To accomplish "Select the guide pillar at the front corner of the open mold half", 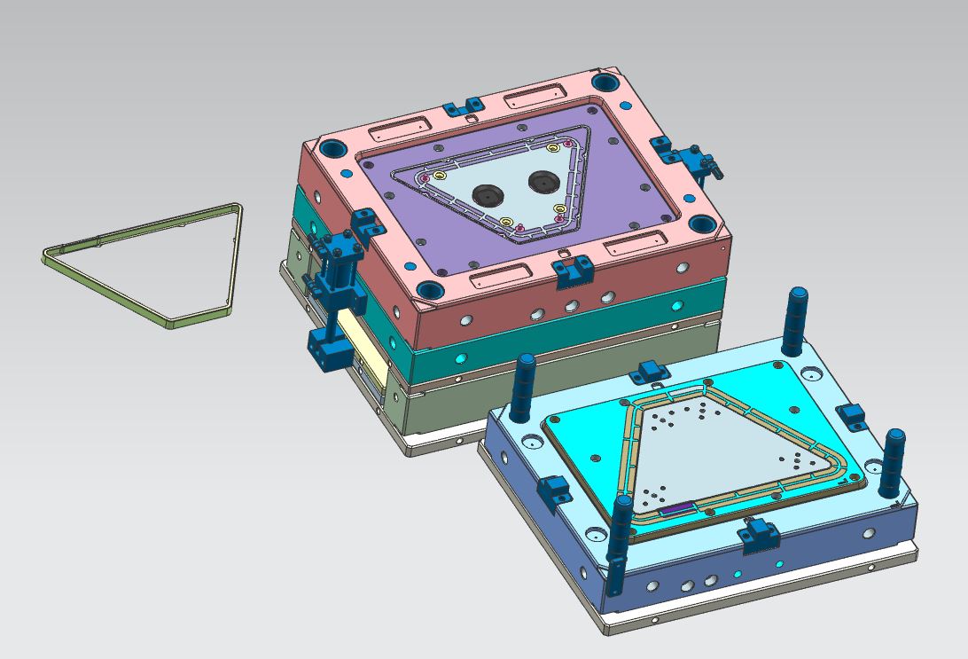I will pos(621,541).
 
